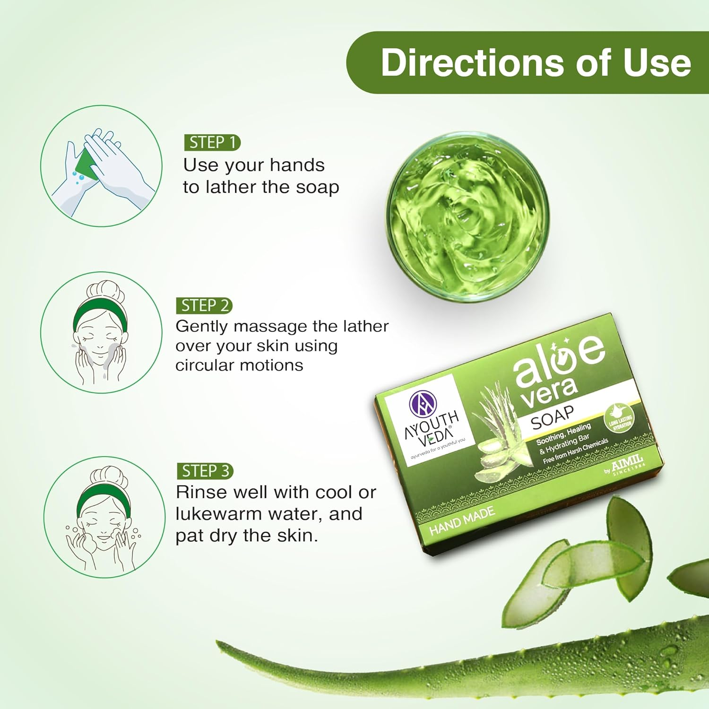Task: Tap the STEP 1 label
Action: tap(212, 142)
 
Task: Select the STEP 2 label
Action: tap(205, 306)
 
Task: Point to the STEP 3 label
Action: tap(205, 471)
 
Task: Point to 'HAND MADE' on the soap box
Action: tap(462, 520)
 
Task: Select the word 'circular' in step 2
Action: tap(204, 365)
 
